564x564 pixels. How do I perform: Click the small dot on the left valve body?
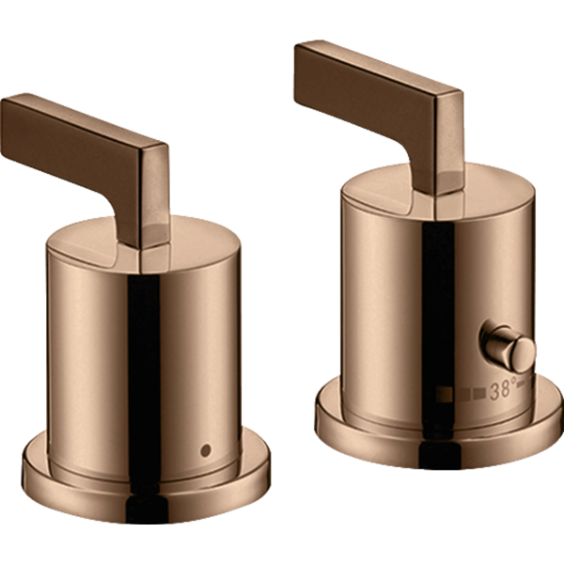coord(206,450)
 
